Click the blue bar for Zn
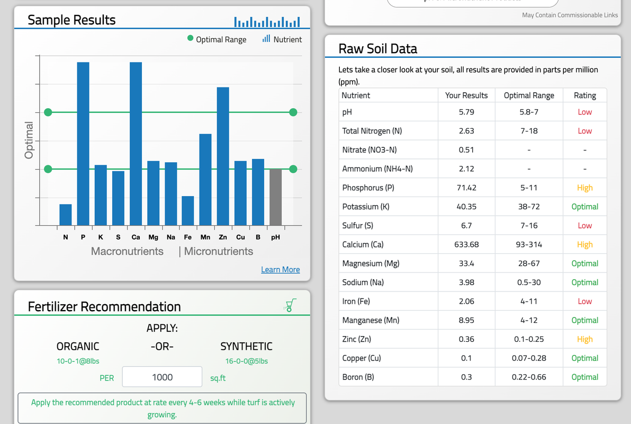tap(223, 156)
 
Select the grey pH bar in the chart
tap(275, 197)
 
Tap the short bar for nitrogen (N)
tap(66, 215)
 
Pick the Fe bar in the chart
tap(188, 211)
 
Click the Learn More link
tap(280, 270)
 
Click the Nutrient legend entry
tap(282, 39)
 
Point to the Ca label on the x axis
tap(136, 237)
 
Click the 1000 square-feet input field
tap(162, 377)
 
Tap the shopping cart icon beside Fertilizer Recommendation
tap(290, 305)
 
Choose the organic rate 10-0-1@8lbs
tap(78, 361)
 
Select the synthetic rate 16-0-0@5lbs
tap(246, 361)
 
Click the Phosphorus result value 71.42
tap(466, 188)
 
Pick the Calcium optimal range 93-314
tap(529, 244)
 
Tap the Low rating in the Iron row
tap(584, 301)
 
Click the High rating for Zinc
tap(584, 339)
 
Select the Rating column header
tap(584, 95)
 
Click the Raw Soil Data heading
tap(377, 49)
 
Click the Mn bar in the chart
tap(205, 180)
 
